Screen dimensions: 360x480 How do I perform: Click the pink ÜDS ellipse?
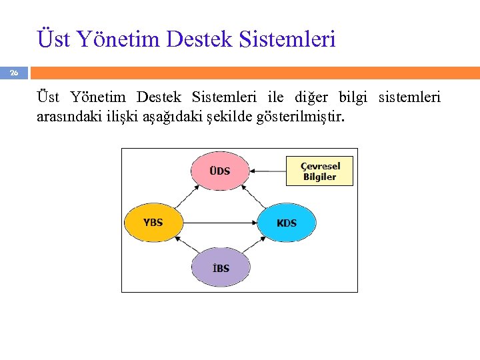point(220,171)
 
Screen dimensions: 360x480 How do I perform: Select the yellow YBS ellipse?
point(153,222)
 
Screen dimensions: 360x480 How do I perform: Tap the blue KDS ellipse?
point(287,222)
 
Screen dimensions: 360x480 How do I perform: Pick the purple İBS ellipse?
point(221,267)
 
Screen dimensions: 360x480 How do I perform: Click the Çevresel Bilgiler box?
point(319,171)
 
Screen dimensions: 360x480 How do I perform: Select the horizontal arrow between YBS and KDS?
point(220,222)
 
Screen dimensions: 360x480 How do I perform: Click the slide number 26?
point(13,73)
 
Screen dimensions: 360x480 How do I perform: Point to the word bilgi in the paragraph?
point(353,98)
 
